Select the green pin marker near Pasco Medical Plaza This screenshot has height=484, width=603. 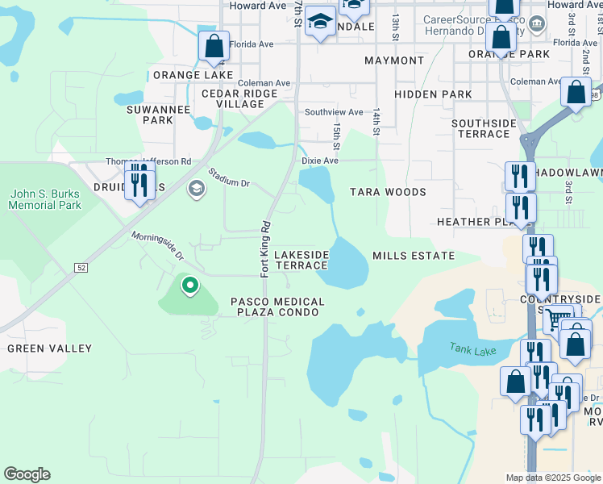(x=190, y=286)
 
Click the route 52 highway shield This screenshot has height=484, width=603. (x=81, y=266)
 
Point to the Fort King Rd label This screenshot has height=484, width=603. (x=264, y=248)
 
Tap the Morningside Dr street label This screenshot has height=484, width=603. (x=158, y=246)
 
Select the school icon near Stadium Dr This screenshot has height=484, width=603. (x=194, y=189)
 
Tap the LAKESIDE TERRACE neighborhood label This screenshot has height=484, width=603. (x=301, y=260)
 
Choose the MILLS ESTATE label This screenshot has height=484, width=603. (x=414, y=256)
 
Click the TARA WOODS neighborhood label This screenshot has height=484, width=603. (x=388, y=192)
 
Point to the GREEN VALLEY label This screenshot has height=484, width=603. (x=49, y=348)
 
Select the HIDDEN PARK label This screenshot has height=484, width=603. (x=440, y=94)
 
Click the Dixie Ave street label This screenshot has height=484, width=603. (x=319, y=161)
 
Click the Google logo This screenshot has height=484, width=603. (x=27, y=474)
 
